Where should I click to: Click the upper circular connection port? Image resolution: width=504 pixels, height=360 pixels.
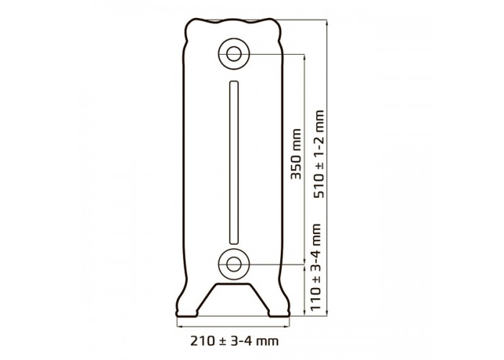[x=234, y=54]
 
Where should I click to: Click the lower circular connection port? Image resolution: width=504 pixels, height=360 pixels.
[x=234, y=264]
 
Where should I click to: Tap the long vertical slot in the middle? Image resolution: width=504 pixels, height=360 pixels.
[x=234, y=162]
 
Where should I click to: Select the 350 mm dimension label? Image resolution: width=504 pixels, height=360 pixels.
[x=296, y=153]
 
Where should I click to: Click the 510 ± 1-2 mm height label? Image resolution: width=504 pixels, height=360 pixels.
[x=319, y=154]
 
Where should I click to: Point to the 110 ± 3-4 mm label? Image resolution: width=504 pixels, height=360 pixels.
[x=316, y=267]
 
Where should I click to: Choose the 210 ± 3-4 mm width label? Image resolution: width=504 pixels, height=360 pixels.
[x=234, y=341]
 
